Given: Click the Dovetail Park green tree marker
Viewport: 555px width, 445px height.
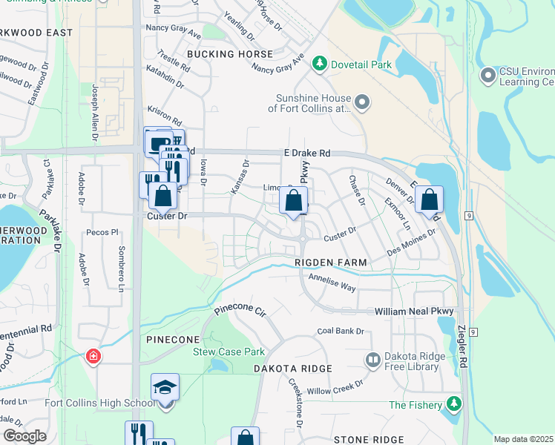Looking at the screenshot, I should click(x=320, y=64).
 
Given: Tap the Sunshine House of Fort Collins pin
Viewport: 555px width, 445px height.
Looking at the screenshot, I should click(x=361, y=102).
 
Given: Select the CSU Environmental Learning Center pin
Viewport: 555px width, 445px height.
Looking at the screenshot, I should click(x=488, y=76).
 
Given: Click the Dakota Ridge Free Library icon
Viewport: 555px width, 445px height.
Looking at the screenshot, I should click(x=372, y=360).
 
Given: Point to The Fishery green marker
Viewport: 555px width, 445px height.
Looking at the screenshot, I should click(x=453, y=404).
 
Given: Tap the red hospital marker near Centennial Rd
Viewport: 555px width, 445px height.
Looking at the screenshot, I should click(x=93, y=357).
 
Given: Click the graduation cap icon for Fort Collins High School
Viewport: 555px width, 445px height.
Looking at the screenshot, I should click(x=165, y=389).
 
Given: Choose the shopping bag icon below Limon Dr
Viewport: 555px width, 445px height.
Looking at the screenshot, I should click(x=294, y=200).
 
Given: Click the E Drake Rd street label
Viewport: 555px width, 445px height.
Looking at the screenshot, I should click(x=306, y=153).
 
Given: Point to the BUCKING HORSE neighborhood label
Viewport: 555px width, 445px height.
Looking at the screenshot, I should click(x=230, y=54).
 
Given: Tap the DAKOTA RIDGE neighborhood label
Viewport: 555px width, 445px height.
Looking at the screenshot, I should click(x=290, y=368).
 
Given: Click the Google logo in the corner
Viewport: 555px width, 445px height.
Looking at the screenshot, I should click(x=24, y=435).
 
